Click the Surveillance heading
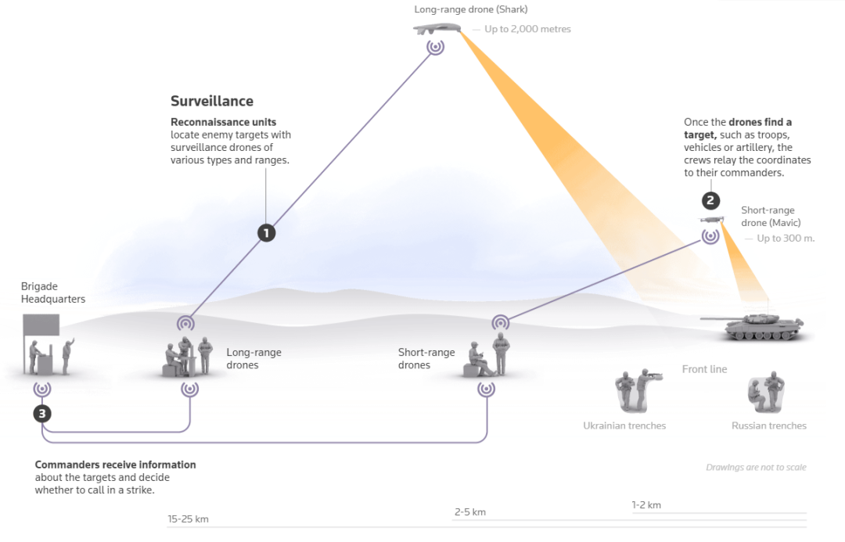coord(212,101)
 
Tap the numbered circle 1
coord(267,232)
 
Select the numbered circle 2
coord(710,201)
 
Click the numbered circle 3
coord(42,414)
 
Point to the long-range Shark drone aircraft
coord(436,29)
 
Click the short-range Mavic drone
coord(710,221)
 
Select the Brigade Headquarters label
coord(53,293)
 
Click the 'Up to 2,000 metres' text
coord(527,30)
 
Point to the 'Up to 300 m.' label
coord(786,238)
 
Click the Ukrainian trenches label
coord(624,425)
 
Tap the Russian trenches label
coord(768,425)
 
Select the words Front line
coord(704,369)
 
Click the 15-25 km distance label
coord(188,519)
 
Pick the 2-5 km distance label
coord(470,511)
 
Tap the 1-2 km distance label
coord(646,504)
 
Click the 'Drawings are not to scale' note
coord(756,467)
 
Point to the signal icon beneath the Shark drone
coord(436,47)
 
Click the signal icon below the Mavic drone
coord(710,235)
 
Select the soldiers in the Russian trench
coord(766,393)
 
